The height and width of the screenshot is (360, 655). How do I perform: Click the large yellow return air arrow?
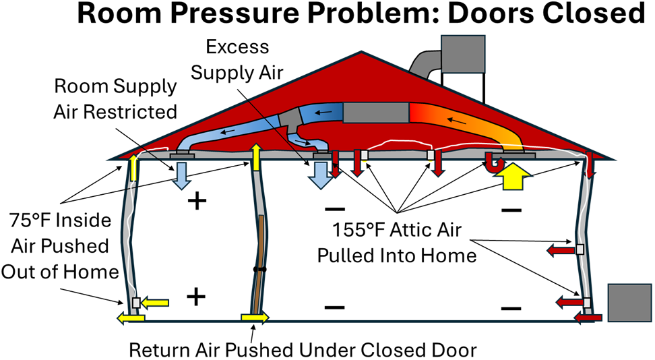pos(513,178)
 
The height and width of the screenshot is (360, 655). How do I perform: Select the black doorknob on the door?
pos(257,269)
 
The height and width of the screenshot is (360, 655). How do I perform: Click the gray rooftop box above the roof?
pos(463,54)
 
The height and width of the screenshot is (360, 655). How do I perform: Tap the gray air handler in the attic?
pos(373,113)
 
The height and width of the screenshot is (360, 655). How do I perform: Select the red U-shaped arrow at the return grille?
pos(496,162)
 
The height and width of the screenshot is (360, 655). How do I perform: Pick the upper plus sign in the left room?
pos(197,200)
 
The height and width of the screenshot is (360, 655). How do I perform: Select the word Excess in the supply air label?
pos(237,47)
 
